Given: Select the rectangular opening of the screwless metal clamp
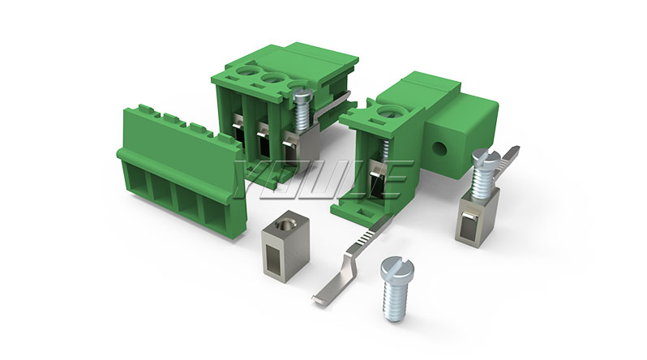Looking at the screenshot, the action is tap(274, 255).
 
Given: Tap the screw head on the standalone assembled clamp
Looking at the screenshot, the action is tap(486, 157).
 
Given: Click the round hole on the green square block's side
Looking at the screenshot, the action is tap(441, 148).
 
